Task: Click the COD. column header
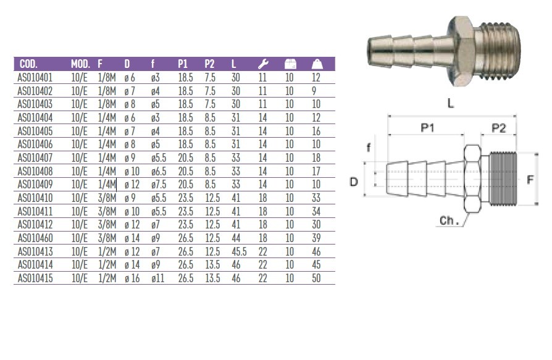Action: point(29,64)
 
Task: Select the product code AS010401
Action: point(35,78)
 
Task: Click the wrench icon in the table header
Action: point(262,64)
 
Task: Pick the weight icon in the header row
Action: point(317,64)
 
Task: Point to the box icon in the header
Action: point(290,64)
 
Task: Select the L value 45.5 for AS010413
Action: point(239,252)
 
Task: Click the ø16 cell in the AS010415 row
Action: point(131,278)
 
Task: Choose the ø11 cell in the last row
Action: point(157,278)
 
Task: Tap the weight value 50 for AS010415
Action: point(317,278)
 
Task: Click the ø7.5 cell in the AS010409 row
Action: point(159,185)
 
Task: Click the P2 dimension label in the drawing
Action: point(498,127)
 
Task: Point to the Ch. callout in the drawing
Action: point(450,220)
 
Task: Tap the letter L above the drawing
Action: point(451,104)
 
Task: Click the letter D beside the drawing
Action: point(354,182)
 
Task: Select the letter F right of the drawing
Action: point(530,181)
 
